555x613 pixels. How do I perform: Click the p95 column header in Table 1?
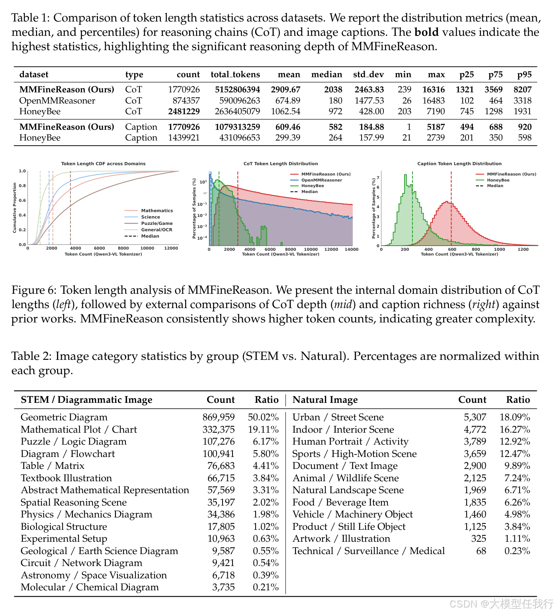(524, 75)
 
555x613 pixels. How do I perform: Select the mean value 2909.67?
(285, 90)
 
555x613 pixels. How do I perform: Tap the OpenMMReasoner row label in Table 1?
(57, 101)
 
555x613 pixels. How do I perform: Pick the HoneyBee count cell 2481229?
(184, 111)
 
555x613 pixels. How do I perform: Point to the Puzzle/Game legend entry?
(157, 223)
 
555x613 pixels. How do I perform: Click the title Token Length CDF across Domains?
(103, 164)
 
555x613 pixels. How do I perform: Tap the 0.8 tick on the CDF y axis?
(22, 186)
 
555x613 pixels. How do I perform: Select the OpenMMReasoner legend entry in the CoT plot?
(321, 180)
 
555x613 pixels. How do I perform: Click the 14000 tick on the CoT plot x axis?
(352, 250)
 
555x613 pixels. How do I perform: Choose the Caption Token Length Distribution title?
(459, 164)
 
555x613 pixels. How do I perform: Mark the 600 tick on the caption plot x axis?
(452, 250)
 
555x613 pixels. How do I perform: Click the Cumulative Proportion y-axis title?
(15, 208)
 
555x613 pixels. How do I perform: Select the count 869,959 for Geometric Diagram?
(219, 417)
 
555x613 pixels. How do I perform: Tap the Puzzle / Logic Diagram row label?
(74, 441)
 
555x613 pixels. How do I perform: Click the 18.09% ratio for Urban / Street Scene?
(515, 417)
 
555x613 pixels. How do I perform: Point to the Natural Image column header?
(325, 400)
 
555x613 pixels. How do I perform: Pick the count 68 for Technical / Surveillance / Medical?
(481, 551)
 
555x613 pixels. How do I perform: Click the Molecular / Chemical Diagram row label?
(90, 587)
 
